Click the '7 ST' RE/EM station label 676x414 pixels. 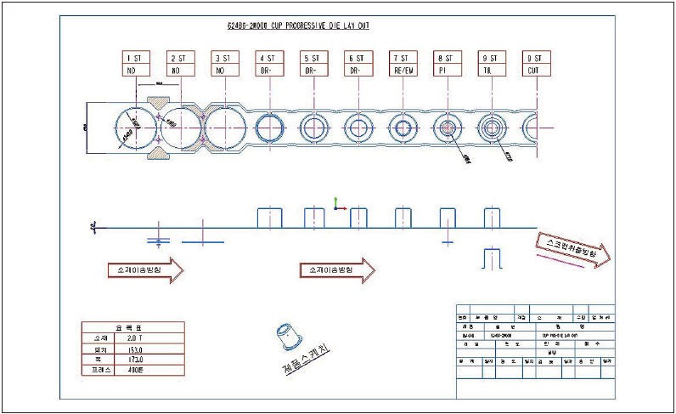402,65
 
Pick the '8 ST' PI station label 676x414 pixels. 446,65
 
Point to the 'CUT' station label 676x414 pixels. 534,71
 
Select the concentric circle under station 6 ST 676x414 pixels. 358,128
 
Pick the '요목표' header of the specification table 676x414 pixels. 134,326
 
